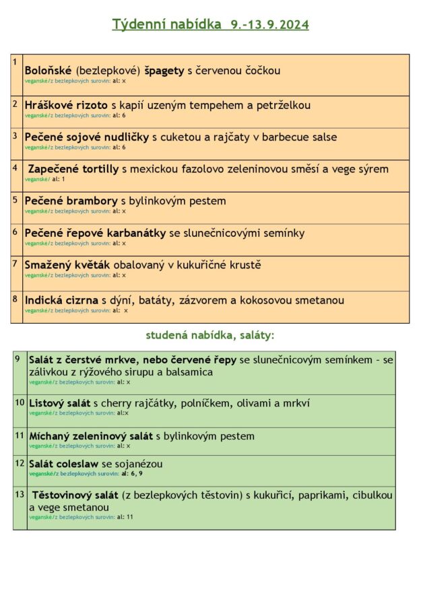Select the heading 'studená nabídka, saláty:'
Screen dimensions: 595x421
click(x=210, y=335)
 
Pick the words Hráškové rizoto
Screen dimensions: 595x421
click(x=66, y=105)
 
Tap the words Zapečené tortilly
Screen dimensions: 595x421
click(x=73, y=169)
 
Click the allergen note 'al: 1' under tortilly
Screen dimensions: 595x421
click(x=58, y=179)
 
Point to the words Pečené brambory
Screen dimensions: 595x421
click(x=71, y=201)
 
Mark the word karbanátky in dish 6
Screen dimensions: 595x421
click(x=133, y=233)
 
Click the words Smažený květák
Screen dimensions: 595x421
click(x=67, y=265)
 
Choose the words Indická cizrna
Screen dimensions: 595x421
click(x=61, y=300)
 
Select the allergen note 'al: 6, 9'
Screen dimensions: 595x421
click(x=131, y=474)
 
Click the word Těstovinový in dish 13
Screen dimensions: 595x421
click(x=66, y=496)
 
